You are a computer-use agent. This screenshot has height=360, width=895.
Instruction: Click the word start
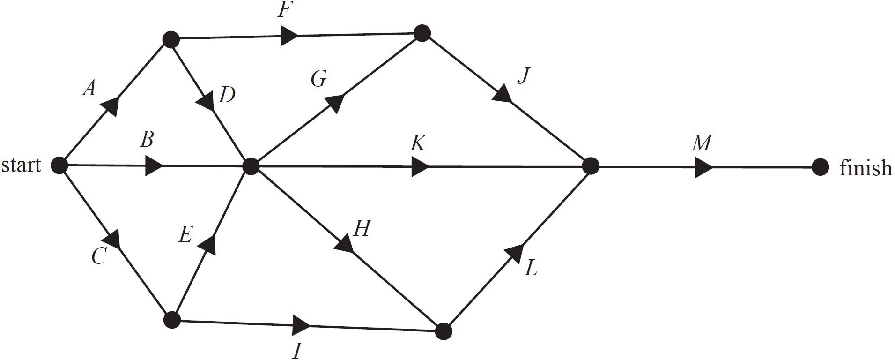[21, 165]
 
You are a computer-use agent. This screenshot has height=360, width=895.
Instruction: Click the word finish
[865, 168]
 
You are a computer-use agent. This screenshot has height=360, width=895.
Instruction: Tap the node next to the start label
[59, 165]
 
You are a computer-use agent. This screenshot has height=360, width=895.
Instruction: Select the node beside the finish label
[820, 167]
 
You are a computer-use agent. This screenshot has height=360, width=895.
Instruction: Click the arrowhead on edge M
[703, 167]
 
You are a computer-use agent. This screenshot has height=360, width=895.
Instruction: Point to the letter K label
[418, 143]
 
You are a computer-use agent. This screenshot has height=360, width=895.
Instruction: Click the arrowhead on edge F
[288, 35]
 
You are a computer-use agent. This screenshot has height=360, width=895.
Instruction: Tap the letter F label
[285, 9]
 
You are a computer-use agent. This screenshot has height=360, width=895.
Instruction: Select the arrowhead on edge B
[154, 165]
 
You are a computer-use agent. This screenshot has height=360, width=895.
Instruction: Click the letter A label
[89, 88]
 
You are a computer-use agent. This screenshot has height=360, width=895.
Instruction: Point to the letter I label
[296, 350]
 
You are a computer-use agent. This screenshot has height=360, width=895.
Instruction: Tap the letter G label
[318, 78]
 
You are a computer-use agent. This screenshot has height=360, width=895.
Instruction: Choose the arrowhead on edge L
[515, 253]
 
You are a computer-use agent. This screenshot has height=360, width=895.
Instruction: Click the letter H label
[362, 228]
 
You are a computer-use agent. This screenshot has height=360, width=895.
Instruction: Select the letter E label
[185, 234]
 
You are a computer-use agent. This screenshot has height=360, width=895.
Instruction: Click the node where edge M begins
[591, 166]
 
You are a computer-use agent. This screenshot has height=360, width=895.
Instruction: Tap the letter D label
[227, 95]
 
